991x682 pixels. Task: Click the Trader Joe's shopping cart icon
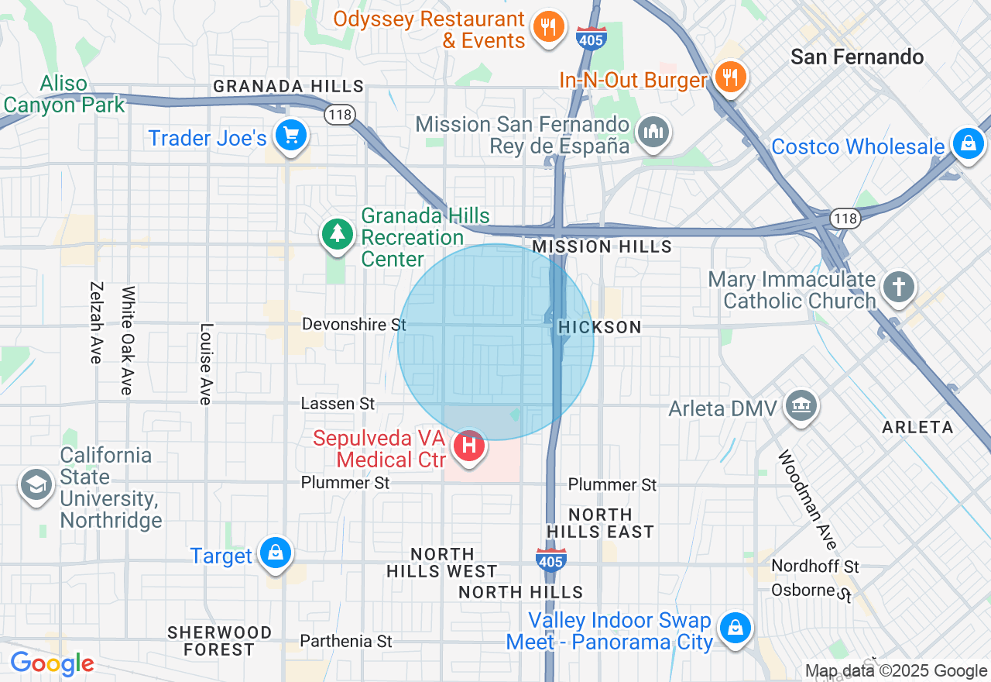point(291,137)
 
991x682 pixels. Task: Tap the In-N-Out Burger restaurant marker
point(729,77)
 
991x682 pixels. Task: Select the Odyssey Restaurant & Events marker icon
point(548,28)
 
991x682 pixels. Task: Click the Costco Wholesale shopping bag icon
point(968,143)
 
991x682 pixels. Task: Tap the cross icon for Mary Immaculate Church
point(899,287)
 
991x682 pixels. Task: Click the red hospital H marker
point(468,446)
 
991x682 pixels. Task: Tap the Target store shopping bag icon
point(275,553)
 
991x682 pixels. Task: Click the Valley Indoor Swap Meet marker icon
point(735,627)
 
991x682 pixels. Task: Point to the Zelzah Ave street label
point(96,322)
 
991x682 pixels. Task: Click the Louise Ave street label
point(205,363)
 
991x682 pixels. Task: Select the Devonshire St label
point(354,324)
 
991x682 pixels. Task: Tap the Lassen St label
point(338,403)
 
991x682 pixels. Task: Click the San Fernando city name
point(857,57)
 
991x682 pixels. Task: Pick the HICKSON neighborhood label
point(600,327)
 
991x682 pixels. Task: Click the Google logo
point(52,663)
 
